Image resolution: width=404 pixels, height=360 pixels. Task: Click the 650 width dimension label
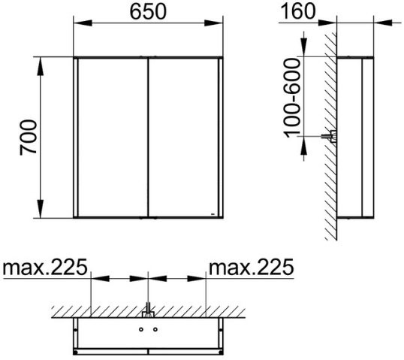pos(148,12)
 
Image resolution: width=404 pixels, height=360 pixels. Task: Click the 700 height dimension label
pos(29,138)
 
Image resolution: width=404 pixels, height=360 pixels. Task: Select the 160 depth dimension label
pos(297,11)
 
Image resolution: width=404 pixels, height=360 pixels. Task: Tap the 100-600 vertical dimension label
pos(292,98)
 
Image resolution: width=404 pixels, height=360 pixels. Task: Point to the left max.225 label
pos(45,267)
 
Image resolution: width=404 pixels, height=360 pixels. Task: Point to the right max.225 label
pos(252,267)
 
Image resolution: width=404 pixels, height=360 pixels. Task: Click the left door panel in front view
pos(113,138)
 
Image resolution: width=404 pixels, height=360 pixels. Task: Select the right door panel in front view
pos(184,138)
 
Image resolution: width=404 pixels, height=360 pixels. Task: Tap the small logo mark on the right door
pos(213,214)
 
